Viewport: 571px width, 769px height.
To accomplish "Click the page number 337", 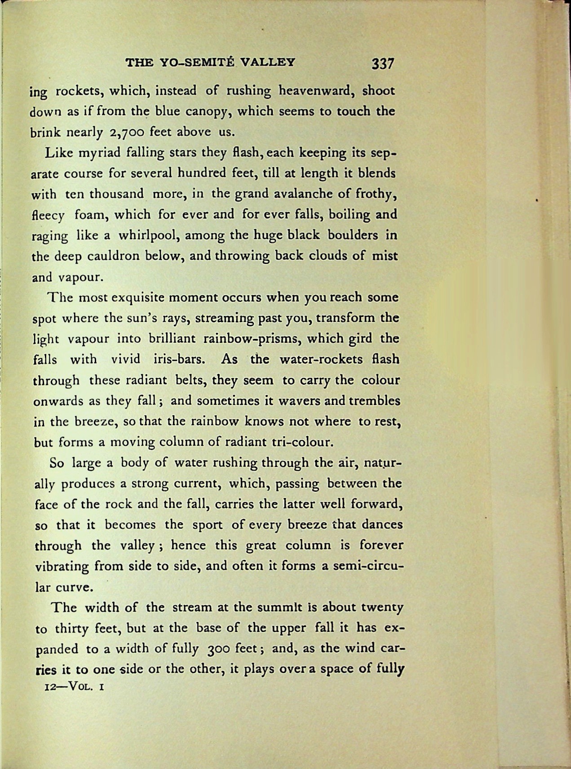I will click(382, 63).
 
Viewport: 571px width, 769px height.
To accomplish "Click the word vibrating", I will click(62, 566).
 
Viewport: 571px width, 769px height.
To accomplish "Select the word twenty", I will click(382, 608).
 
